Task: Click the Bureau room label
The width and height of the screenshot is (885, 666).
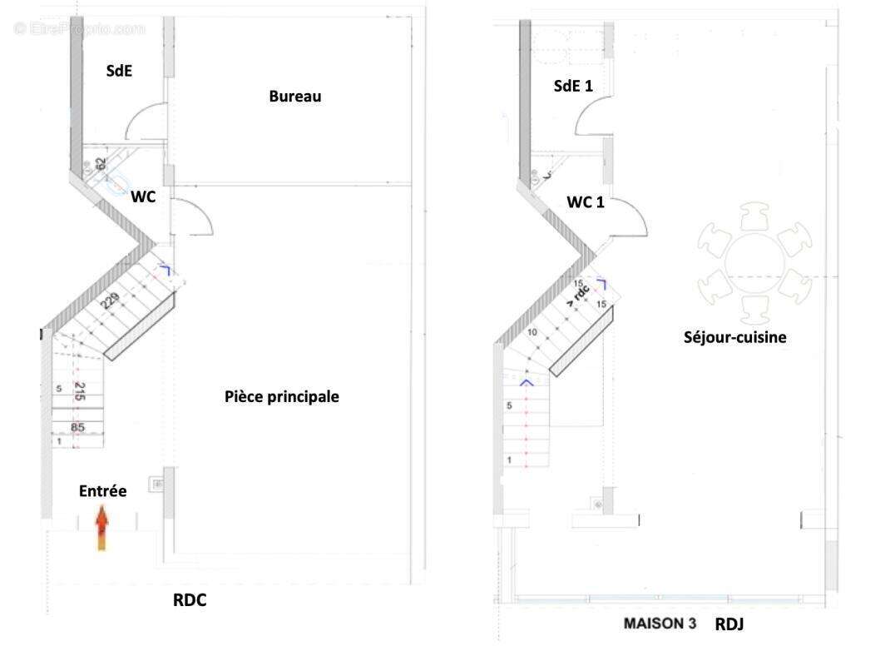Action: tap(294, 97)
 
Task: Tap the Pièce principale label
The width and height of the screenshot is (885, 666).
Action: tap(282, 396)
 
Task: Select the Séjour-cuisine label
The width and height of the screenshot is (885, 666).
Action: tap(734, 337)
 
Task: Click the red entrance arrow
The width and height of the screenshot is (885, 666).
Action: tap(101, 530)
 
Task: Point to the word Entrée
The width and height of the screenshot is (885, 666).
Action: tap(102, 492)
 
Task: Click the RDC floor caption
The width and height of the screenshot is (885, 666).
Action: tap(189, 601)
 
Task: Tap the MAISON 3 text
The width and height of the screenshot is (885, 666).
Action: tap(660, 624)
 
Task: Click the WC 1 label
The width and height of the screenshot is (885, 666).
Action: tap(586, 202)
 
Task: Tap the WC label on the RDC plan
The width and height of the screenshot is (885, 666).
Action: tap(143, 197)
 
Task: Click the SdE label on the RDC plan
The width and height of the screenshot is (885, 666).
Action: tap(119, 72)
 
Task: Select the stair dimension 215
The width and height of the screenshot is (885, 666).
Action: tap(80, 392)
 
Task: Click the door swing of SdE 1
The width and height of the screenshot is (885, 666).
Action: tap(592, 118)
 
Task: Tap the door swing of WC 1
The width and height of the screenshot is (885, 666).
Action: tap(629, 220)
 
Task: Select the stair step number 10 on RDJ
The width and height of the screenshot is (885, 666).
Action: tap(533, 332)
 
